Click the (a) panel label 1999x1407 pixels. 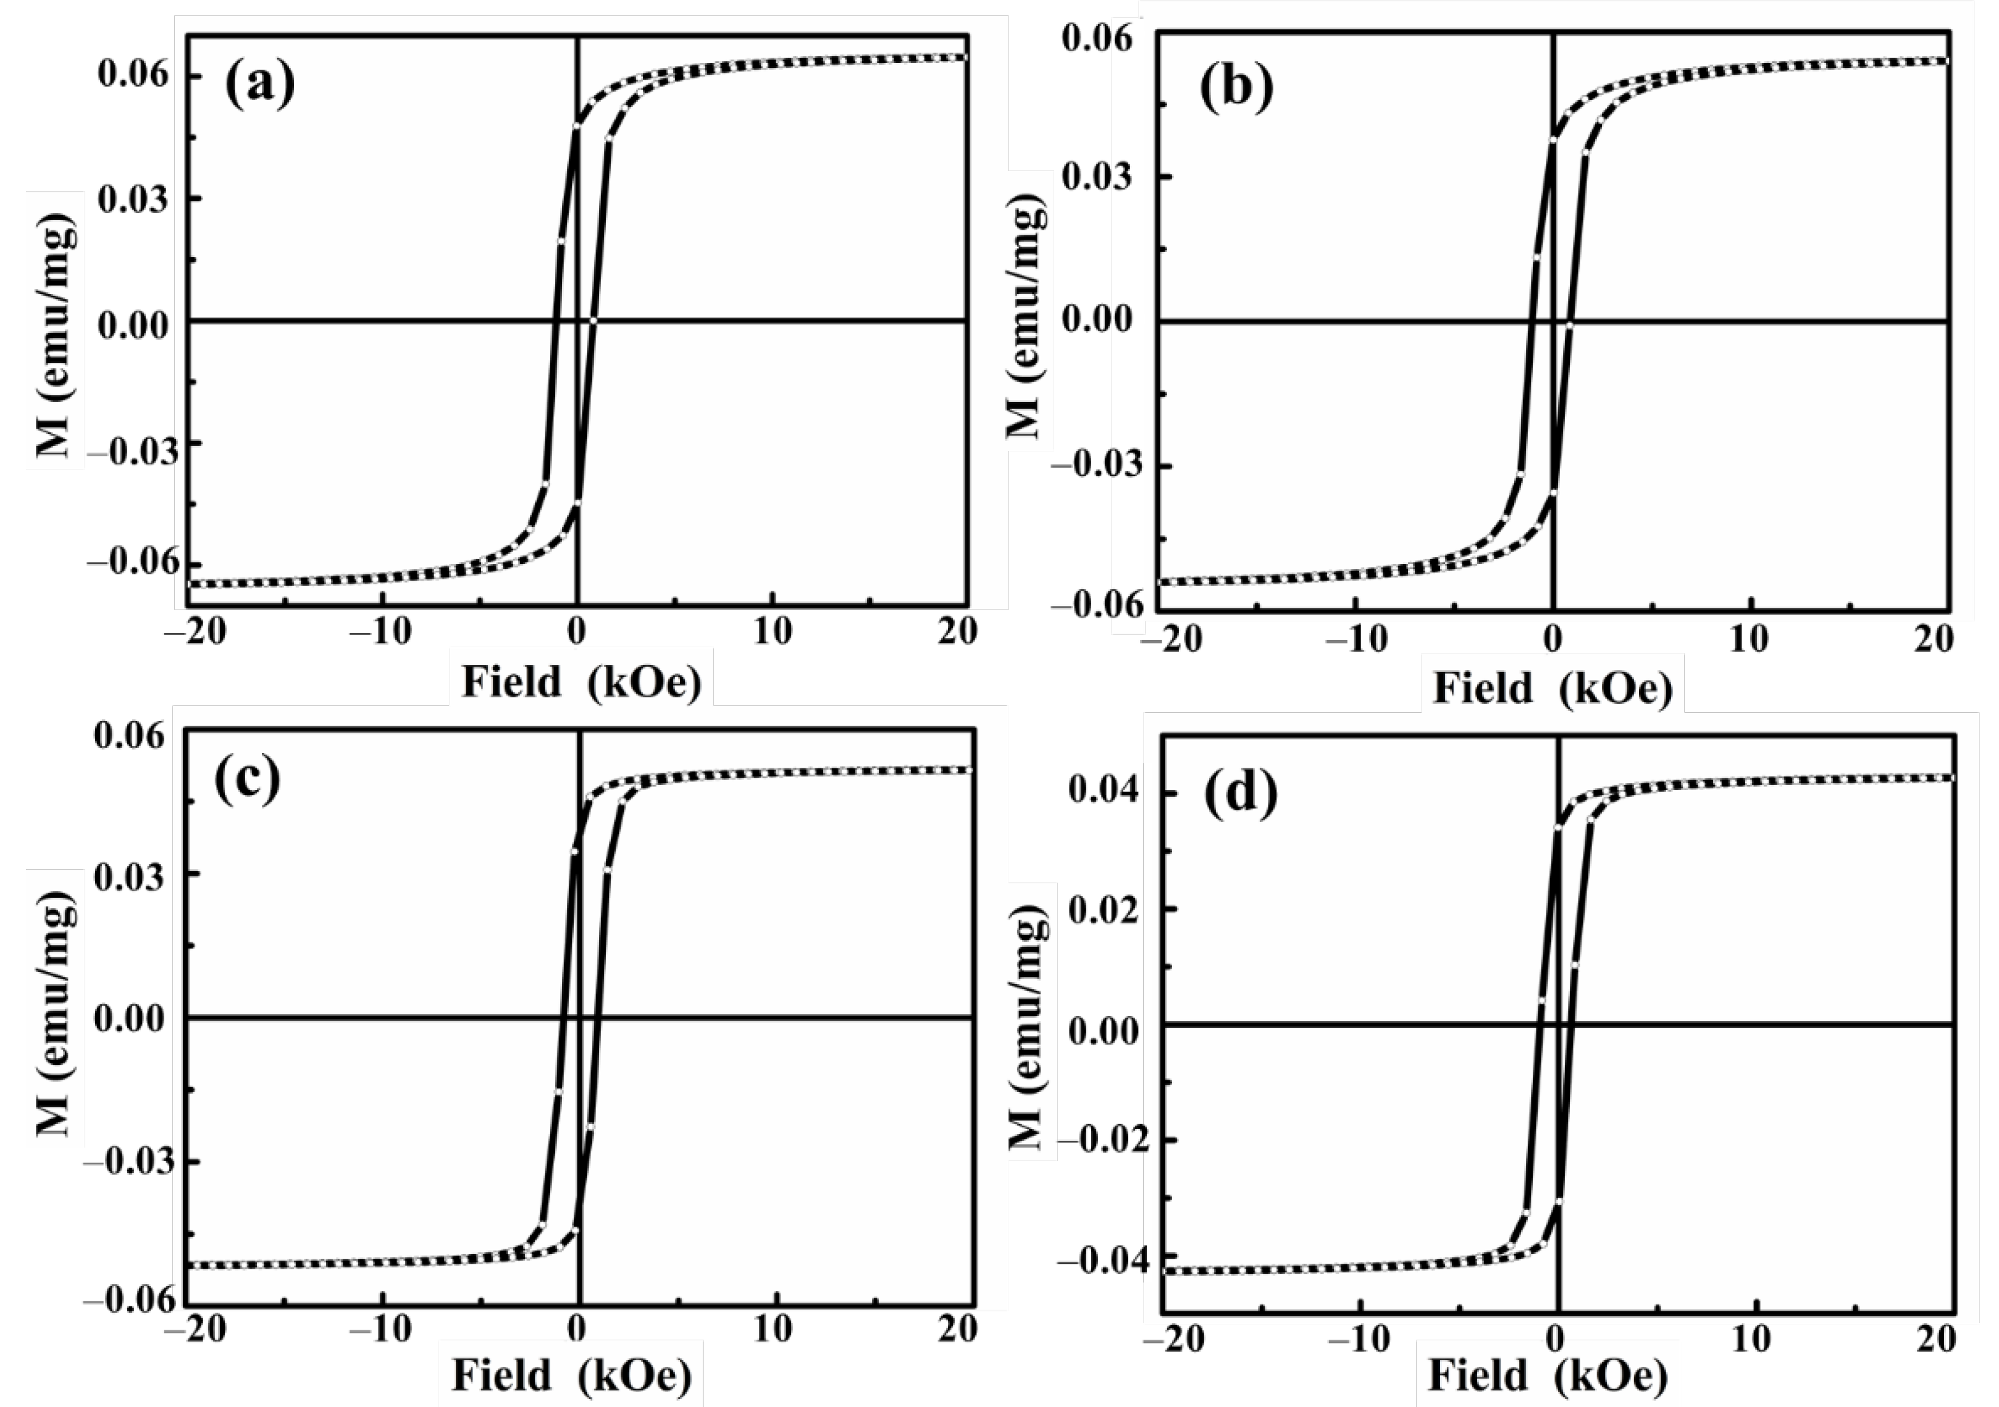pos(259,85)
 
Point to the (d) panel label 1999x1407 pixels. pos(1241,793)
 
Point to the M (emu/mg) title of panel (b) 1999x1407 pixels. pos(1028,318)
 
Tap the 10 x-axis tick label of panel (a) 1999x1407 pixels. pos(773,632)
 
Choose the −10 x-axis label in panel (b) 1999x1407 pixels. pos(1351,640)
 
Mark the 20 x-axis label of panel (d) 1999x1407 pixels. pos(1935,1338)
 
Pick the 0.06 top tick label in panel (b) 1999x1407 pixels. pos(1098,38)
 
